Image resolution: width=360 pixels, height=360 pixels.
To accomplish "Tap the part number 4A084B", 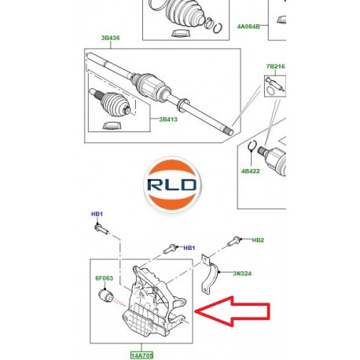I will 248,27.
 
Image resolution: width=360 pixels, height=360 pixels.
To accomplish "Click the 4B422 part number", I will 251,171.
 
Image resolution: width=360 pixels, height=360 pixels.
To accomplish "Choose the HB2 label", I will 258,241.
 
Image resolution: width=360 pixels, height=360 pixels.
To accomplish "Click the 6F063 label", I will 105,277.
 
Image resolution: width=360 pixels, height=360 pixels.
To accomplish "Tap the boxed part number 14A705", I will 142,354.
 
